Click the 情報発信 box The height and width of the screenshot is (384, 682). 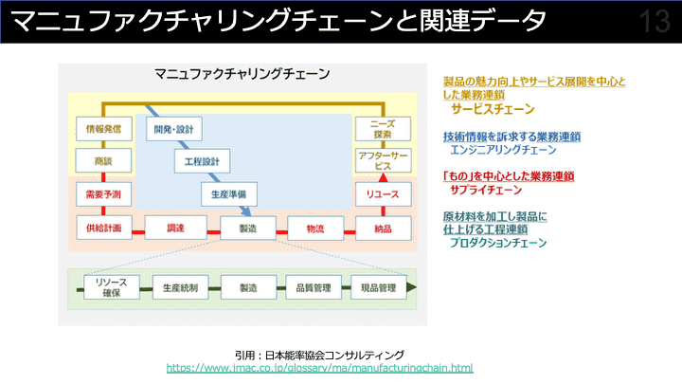tap(103, 130)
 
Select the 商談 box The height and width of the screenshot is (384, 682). tap(103, 161)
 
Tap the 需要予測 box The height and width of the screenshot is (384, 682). tap(103, 194)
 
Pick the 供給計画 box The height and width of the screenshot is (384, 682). tap(103, 229)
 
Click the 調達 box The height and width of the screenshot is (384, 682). tap(175, 229)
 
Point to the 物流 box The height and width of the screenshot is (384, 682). tap(315, 229)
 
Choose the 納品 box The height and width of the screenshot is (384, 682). tap(383, 229)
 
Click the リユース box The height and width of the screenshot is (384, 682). tap(383, 194)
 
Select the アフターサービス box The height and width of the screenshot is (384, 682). tap(383, 160)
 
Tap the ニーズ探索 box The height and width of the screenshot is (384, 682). tap(383, 130)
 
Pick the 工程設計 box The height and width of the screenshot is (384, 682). tap(202, 161)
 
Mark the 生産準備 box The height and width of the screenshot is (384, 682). tap(229, 194)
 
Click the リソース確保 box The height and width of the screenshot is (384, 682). tap(112, 287)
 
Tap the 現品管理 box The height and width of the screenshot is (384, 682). tap(379, 287)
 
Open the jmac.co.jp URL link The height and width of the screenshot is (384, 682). tap(319, 367)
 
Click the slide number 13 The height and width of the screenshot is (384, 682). tap(655, 22)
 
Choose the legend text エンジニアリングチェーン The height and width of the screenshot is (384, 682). tap(503, 150)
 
